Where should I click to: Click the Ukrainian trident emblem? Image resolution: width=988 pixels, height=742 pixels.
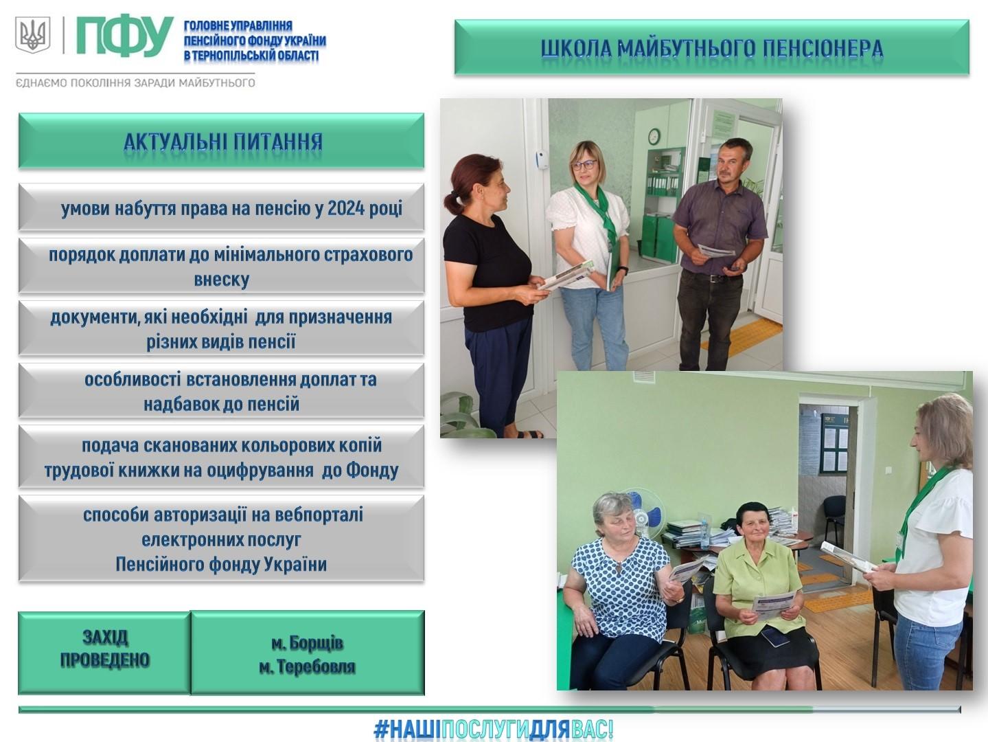(x=33, y=34)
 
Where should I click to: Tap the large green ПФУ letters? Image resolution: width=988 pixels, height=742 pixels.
(x=125, y=36)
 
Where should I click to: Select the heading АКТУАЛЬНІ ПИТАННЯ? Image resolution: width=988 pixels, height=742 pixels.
(x=223, y=142)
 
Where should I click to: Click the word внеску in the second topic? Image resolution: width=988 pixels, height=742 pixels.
(x=222, y=280)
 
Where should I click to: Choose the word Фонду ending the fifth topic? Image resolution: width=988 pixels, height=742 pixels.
(x=372, y=471)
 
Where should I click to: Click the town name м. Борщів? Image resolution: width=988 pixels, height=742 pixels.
(x=307, y=643)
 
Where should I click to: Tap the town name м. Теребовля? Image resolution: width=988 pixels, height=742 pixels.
(x=307, y=666)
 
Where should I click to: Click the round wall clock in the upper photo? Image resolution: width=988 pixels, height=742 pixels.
(x=654, y=137)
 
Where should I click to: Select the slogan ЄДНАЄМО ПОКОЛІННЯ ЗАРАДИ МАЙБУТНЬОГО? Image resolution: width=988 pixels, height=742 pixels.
(x=135, y=83)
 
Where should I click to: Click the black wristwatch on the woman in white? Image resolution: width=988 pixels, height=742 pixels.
(x=623, y=270)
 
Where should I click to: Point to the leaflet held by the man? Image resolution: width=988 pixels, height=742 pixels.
(x=715, y=250)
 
